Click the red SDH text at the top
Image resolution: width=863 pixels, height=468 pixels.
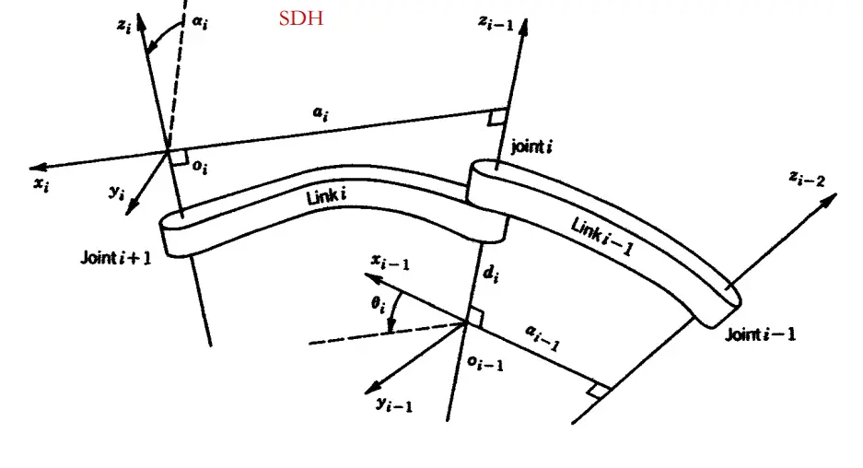tap(301, 18)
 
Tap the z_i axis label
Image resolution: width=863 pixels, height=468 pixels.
tap(125, 26)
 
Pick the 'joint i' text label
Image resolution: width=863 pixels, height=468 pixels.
tap(531, 146)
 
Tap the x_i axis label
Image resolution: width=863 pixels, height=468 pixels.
tap(41, 182)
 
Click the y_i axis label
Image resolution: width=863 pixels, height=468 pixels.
tap(117, 192)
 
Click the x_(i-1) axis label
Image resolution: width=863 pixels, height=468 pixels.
tap(391, 263)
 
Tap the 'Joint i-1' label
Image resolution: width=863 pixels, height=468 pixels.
tap(760, 333)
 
